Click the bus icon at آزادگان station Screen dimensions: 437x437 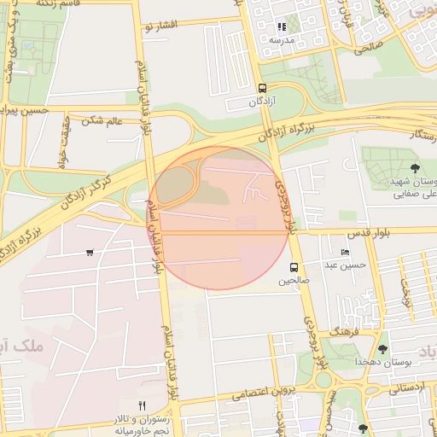coord(261,88)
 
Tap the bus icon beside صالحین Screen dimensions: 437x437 coord(294,267)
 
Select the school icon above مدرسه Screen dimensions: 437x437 coord(282,26)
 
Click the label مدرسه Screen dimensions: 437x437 coord(282,40)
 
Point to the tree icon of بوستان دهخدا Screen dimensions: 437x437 coord(382,349)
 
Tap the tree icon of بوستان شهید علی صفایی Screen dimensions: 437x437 coord(415,168)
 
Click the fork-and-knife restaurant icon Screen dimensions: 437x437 coord(143,405)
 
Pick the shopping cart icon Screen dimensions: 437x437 coord(90,253)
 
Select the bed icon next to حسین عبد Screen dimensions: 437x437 coord(345,252)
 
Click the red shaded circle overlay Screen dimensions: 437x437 coord(218,218)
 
